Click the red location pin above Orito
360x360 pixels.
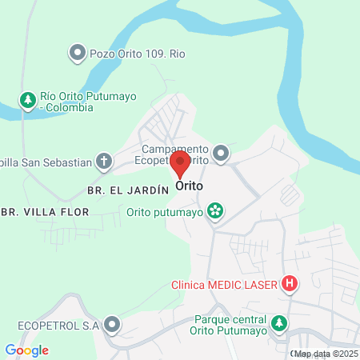point(180,165)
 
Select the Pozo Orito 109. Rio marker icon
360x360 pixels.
point(77,54)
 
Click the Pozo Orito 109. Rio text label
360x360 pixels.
point(137,54)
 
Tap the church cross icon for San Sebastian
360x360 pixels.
point(104,162)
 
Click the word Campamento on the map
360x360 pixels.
point(175,149)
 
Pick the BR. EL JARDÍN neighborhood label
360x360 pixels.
point(127,190)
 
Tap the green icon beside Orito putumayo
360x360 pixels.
point(214,212)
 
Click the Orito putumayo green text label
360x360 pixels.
point(165,212)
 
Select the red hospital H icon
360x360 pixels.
point(290,284)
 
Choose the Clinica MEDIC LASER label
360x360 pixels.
point(224,284)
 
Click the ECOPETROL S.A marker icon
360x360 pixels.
point(112,325)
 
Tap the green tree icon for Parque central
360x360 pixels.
point(278,324)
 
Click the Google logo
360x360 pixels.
point(26,350)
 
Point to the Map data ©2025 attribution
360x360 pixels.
point(326,354)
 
